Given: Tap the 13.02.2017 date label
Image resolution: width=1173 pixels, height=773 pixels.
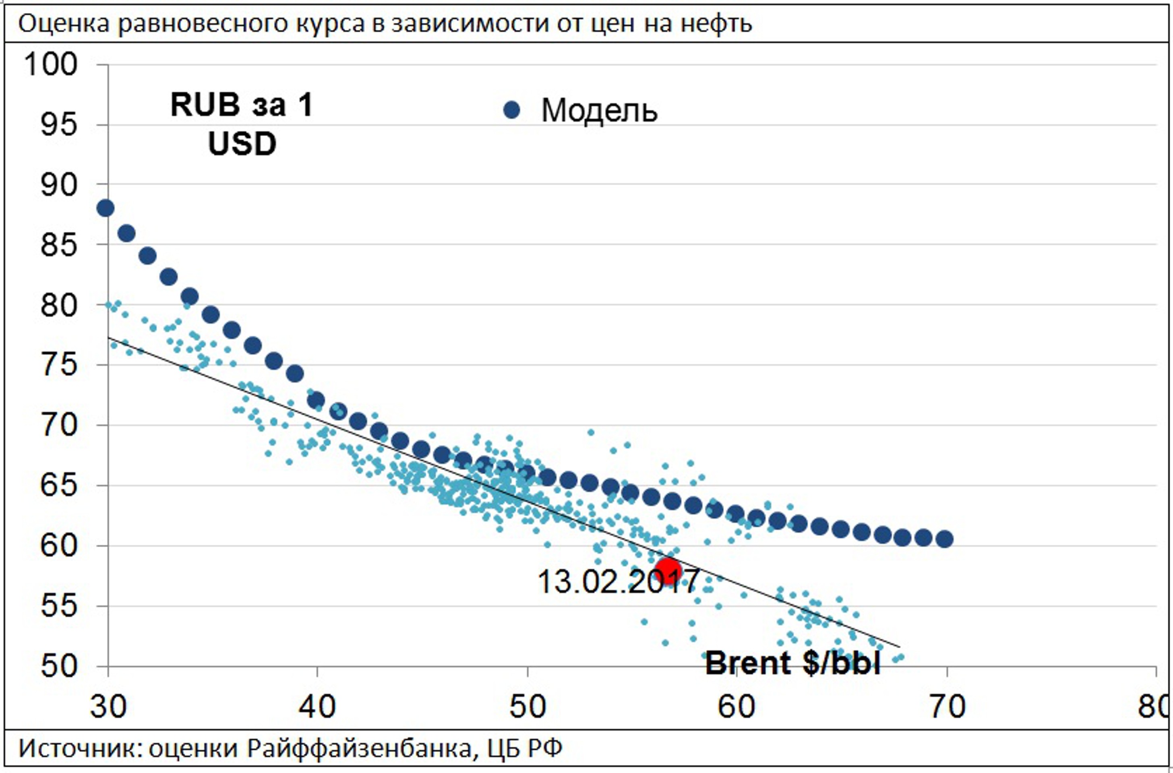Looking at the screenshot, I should pyautogui.click(x=618, y=582).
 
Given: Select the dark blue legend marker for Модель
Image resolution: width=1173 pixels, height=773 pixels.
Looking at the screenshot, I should pyautogui.click(x=512, y=110).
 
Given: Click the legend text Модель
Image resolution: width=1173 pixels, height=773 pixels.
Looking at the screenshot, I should pyautogui.click(x=599, y=110).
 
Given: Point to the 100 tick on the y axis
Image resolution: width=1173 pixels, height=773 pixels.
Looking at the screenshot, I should pyautogui.click(x=50, y=64).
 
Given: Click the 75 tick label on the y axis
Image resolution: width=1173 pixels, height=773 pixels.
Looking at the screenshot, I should pyautogui.click(x=59, y=365).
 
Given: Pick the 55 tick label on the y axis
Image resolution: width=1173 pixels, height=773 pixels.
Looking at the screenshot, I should pyautogui.click(x=59, y=606).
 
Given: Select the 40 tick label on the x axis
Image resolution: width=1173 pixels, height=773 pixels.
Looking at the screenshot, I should pyautogui.click(x=317, y=707).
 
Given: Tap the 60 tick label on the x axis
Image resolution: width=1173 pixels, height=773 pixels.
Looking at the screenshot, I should pyautogui.click(x=736, y=707).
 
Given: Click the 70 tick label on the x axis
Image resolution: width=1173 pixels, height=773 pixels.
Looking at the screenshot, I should pyautogui.click(x=946, y=707).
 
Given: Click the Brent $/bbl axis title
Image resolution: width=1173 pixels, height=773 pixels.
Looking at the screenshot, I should pyautogui.click(x=792, y=663).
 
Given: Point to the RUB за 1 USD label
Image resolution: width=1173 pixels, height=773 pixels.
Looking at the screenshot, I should pyautogui.click(x=242, y=124).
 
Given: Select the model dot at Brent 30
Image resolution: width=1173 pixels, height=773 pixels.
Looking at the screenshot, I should pyautogui.click(x=105, y=208).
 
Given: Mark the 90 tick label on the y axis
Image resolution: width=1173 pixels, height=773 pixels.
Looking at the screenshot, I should pyautogui.click(x=59, y=185).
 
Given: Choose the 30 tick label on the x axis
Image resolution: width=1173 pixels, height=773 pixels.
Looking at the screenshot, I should pyautogui.click(x=108, y=707).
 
